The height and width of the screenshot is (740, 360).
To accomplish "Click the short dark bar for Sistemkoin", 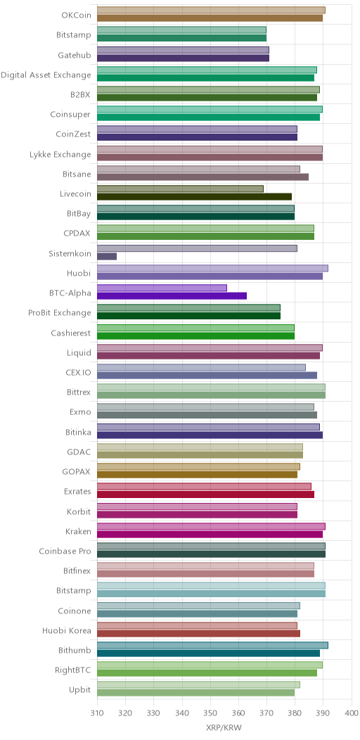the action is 107,256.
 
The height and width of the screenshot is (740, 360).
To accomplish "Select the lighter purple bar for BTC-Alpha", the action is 162,288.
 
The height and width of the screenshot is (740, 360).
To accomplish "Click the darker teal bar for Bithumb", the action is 209,653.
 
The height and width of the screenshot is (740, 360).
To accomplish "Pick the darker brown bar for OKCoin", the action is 210,18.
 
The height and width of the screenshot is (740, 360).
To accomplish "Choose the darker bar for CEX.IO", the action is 207,376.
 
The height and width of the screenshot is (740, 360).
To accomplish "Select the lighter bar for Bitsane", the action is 199,169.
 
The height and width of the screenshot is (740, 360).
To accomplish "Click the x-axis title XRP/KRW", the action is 224,728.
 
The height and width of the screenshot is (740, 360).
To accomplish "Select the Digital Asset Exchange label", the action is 46,75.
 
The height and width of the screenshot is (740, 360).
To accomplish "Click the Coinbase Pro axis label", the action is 65,551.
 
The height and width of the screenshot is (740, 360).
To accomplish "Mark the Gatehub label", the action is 74,55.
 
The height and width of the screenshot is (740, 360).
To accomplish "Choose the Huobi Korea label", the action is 67,630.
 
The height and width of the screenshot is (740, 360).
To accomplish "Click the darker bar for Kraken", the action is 210,534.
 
